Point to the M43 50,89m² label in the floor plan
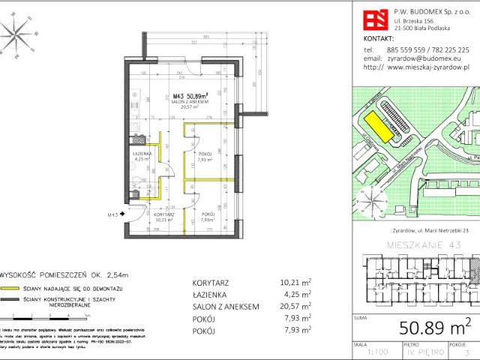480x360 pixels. pyautogui.click(x=184, y=96)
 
